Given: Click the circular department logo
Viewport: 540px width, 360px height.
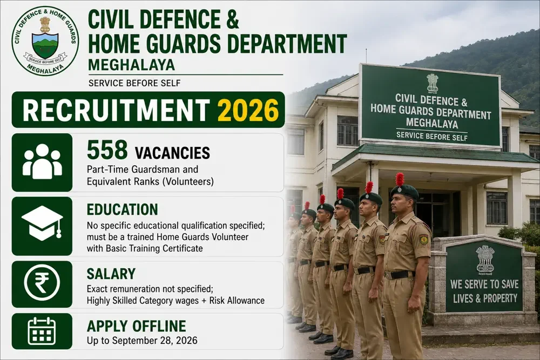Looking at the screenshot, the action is click(45, 40).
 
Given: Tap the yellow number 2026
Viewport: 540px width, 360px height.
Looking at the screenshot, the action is click(248, 110).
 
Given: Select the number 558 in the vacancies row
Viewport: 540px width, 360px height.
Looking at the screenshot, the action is click(107, 150).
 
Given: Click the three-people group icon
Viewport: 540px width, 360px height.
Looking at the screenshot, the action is click(42, 161).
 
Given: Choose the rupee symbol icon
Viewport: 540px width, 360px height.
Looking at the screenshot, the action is click(42, 283).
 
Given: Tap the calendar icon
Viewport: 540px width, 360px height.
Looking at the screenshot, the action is click(42, 331).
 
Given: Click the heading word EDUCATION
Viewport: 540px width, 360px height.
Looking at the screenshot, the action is click(122, 209).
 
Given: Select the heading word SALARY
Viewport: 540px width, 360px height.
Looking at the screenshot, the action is click(111, 274).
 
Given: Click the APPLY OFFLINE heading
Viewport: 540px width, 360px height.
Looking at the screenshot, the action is click(137, 326).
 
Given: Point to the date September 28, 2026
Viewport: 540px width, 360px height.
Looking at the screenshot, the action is click(155, 341).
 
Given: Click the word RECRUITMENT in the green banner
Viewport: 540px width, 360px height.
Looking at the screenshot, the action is click(116, 110).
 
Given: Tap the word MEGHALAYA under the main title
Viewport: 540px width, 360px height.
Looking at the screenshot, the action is click(131, 65).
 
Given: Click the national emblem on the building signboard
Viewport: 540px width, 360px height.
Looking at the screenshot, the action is click(432, 83).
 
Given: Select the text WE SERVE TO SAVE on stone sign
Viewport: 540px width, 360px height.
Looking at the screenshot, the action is click(484, 284).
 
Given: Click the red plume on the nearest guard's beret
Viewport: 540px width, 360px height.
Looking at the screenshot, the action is click(400, 179).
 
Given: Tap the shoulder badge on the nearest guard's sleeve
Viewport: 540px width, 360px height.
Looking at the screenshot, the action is click(423, 240).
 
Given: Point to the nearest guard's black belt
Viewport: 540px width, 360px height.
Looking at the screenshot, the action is click(400, 275).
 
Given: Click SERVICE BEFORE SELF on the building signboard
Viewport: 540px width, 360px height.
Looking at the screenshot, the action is click(432, 136).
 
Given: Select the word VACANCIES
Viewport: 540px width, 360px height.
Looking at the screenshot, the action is click(172, 153).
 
